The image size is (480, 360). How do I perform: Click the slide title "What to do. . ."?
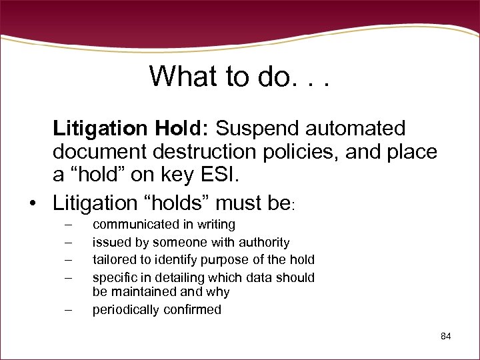[240, 77]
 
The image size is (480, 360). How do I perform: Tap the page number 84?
[446, 336]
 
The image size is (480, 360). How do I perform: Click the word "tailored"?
[112, 259]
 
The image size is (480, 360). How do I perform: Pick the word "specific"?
[113, 277]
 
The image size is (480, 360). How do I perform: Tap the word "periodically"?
[124, 310]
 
